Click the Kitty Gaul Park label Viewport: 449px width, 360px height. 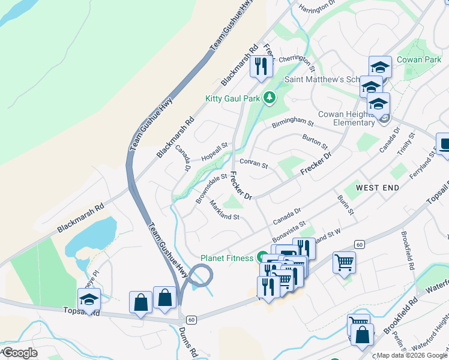[x=233, y=98]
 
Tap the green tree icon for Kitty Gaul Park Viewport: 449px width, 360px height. [x=270, y=97]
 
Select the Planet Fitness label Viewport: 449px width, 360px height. [x=228, y=259]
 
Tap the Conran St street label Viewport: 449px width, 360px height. [x=253, y=163]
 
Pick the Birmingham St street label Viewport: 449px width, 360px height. [x=293, y=123]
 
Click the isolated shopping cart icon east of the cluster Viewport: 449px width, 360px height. [x=344, y=263]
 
